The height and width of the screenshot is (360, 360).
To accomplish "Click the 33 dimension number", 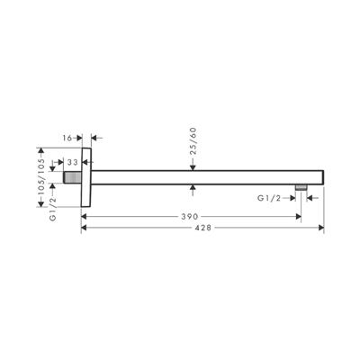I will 72,161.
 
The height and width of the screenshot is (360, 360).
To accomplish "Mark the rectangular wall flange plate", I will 86,175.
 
